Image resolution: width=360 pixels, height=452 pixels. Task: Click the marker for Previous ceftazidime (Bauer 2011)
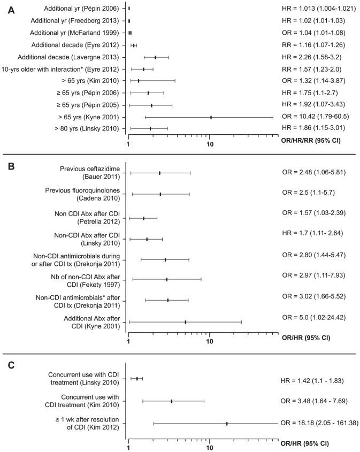(x=159, y=173)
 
